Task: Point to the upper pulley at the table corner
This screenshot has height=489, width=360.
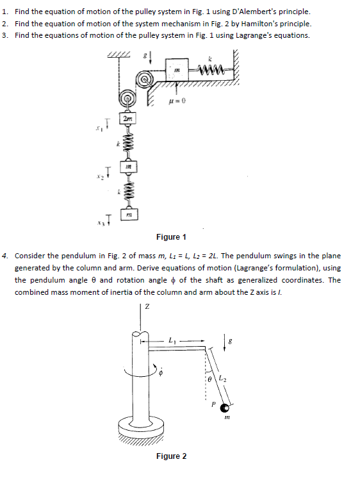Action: click(x=145, y=79)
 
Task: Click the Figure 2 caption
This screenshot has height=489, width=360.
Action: click(x=172, y=456)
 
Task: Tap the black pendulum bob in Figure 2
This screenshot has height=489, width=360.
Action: click(x=224, y=408)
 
